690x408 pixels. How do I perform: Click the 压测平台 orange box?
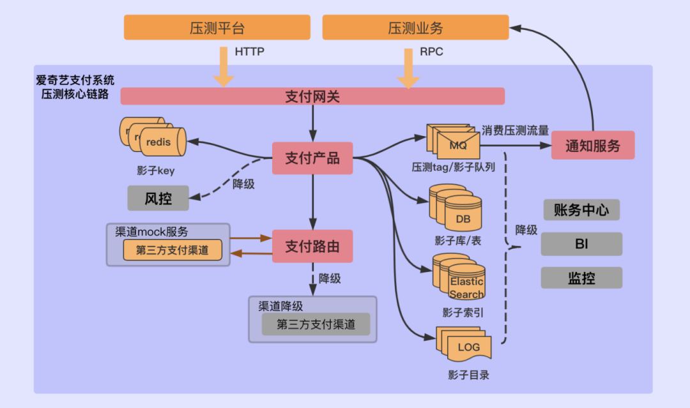(x=217, y=27)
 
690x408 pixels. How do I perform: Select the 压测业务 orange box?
(x=415, y=27)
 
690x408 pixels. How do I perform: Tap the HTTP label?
(x=250, y=52)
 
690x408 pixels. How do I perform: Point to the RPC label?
(x=431, y=52)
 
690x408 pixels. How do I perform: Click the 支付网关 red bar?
(x=312, y=96)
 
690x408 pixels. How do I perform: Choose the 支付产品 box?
(x=312, y=158)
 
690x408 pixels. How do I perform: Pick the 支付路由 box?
(x=312, y=246)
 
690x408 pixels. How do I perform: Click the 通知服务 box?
(x=593, y=145)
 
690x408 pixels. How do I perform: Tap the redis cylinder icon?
(x=153, y=137)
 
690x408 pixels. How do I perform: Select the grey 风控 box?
(x=158, y=199)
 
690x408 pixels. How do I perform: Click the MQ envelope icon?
(x=453, y=141)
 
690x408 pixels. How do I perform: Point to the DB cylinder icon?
(x=456, y=208)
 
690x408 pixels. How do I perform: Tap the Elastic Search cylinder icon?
(x=459, y=276)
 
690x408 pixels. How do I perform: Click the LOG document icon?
(x=464, y=344)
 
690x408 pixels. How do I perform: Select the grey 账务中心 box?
(x=581, y=209)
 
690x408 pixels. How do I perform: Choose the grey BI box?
(x=581, y=244)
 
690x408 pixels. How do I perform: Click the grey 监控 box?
(x=581, y=278)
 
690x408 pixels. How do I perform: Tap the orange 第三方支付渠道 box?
(x=172, y=250)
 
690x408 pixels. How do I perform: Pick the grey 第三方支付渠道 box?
(x=316, y=324)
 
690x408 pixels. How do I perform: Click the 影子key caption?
(x=156, y=170)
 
